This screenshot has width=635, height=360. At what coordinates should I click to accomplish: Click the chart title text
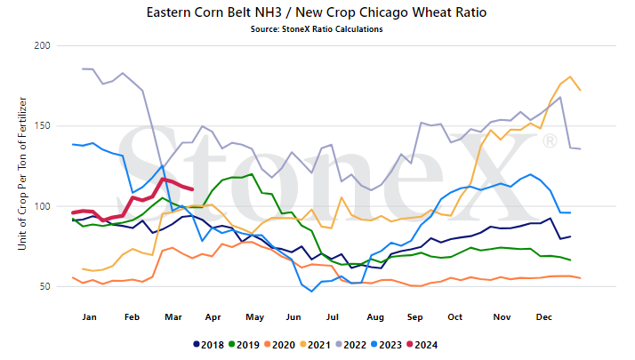click(317, 12)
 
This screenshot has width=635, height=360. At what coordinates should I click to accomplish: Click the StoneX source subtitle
click(317, 29)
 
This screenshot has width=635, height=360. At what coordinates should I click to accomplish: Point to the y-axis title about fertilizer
click(22, 173)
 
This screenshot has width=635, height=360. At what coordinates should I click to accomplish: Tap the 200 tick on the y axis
click(42, 45)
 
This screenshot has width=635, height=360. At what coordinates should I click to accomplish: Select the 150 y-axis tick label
click(42, 125)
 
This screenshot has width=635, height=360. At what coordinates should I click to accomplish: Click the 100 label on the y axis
click(42, 206)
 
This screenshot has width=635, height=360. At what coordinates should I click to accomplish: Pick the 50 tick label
click(45, 286)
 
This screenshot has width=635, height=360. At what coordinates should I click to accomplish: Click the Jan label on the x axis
click(89, 317)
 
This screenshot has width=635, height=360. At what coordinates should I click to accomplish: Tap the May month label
click(254, 317)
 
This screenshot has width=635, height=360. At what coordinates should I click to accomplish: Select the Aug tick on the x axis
click(375, 317)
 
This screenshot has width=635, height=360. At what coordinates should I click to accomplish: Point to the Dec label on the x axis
click(544, 317)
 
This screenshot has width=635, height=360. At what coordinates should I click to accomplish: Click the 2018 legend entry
click(209, 345)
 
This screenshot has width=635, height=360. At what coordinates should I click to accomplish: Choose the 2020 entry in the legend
click(280, 345)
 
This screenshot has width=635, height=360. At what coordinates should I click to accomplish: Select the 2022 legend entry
click(351, 345)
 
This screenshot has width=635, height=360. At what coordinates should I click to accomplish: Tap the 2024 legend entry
click(422, 345)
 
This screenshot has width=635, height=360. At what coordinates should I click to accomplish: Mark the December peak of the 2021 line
click(570, 76)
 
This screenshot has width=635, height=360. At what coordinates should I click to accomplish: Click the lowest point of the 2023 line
click(311, 292)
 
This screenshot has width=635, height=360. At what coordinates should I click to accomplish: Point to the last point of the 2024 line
click(192, 189)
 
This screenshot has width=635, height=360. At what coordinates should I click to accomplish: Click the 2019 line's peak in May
click(252, 174)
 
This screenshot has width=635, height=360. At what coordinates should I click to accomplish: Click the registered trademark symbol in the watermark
click(550, 140)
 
